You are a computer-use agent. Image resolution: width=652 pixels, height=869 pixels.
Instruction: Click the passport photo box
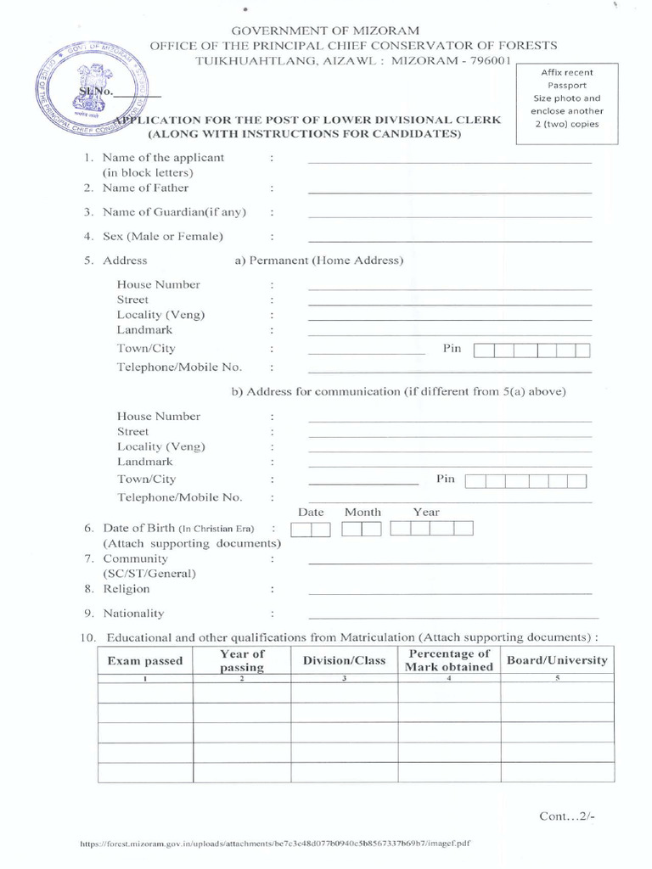(573, 98)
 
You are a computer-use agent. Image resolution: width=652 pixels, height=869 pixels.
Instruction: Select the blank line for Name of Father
(449, 193)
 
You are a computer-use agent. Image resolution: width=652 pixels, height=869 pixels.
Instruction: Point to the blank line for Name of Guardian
(449, 216)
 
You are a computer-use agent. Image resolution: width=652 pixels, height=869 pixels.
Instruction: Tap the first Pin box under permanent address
(483, 350)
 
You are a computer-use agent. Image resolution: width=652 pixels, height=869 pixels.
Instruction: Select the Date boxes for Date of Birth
(311, 530)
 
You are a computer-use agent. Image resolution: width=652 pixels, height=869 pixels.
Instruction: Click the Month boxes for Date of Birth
(362, 530)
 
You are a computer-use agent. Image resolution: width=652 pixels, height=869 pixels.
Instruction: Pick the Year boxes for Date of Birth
(430, 530)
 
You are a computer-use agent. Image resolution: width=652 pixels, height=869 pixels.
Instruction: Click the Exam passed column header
(145, 661)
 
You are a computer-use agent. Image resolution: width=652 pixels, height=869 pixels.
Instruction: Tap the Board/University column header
(557, 660)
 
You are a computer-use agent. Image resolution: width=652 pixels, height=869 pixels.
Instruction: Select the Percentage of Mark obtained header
(448, 660)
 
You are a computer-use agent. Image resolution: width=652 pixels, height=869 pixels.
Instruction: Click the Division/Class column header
(344, 660)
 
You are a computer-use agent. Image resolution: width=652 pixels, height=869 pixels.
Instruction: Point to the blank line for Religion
(449, 593)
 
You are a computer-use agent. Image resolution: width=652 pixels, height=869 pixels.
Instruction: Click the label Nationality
(133, 614)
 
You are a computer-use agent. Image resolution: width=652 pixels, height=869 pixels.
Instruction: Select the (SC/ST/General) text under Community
(149, 574)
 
